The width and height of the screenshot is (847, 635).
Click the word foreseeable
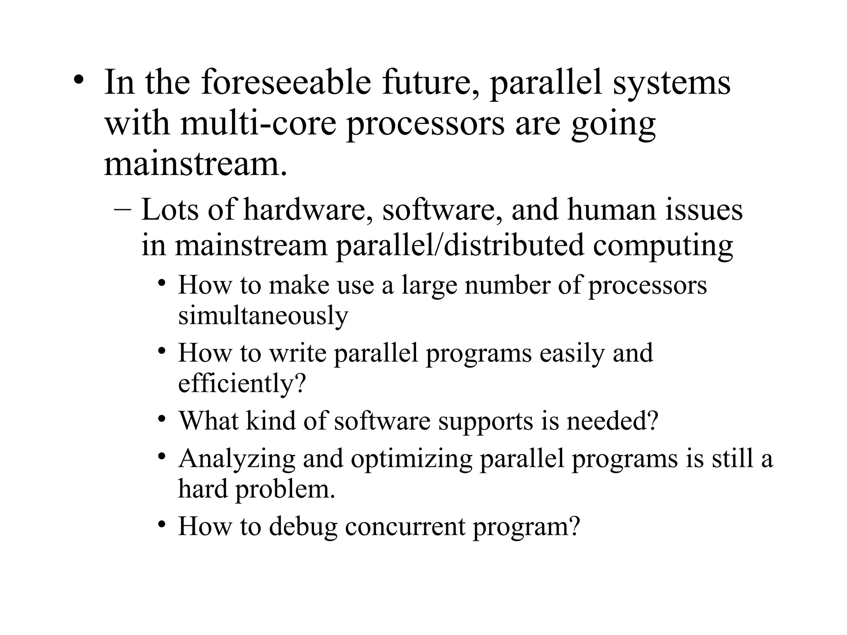pyautogui.click(x=286, y=83)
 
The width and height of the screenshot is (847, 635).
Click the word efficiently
pyautogui.click(x=242, y=384)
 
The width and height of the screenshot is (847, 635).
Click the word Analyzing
pyautogui.click(x=237, y=459)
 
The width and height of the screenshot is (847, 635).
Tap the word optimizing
pyautogui.click(x=411, y=459)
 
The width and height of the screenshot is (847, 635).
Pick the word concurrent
pyautogui.click(x=405, y=527)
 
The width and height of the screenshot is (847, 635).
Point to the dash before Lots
pyautogui.click(x=122, y=209)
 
